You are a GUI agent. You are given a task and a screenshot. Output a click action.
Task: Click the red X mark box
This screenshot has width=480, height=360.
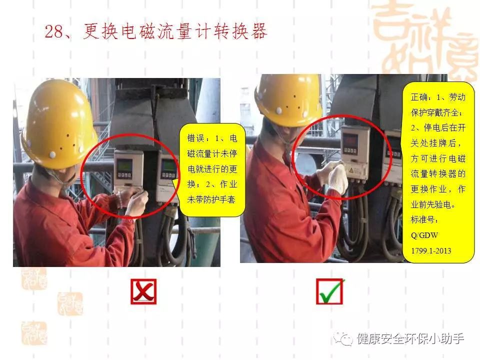click(x=143, y=291)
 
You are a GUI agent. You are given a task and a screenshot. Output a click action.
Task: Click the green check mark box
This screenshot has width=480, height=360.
click(x=329, y=291)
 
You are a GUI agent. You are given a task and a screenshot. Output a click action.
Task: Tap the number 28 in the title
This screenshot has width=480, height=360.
click(x=54, y=31)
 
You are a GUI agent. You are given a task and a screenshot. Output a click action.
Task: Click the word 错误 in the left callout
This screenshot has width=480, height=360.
click(x=195, y=138)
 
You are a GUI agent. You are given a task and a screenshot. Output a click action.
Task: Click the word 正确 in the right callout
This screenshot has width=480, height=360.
click(x=419, y=97)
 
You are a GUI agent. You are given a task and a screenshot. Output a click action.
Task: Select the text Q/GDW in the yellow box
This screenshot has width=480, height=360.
click(x=424, y=235)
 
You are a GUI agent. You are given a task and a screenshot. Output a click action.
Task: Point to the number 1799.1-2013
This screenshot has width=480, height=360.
click(x=431, y=250)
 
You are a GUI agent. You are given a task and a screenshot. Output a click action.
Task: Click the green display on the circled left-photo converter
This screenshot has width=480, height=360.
click(x=125, y=165)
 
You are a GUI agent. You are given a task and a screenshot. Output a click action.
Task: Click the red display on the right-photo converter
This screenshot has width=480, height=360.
click(x=351, y=141)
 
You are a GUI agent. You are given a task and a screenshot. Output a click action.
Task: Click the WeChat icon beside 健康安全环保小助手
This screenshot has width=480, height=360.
click(x=343, y=338)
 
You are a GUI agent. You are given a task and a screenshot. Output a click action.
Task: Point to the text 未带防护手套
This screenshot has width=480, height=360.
click(x=211, y=199)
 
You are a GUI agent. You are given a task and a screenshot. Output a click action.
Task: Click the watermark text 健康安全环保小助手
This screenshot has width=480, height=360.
click(x=410, y=338)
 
